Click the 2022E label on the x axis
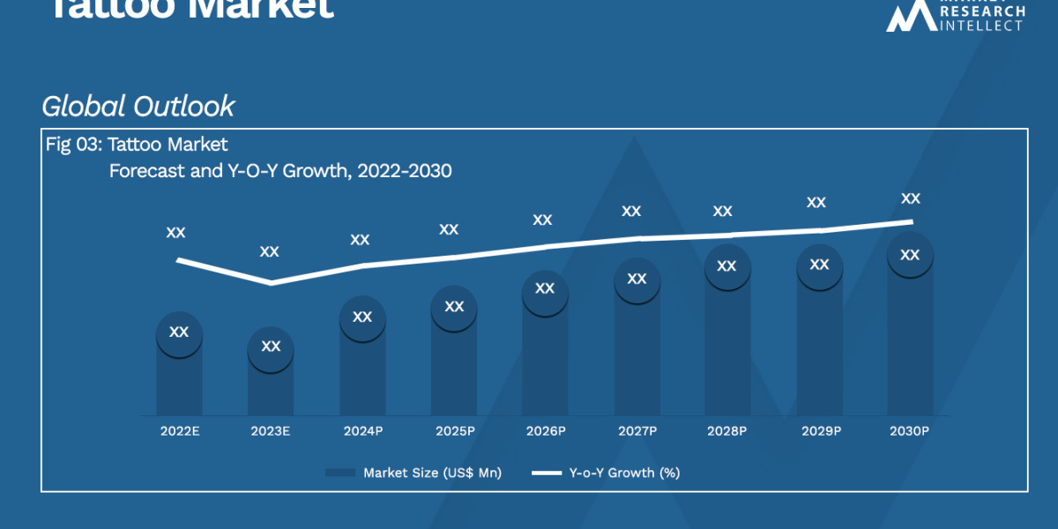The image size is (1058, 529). pyautogui.click(x=179, y=431)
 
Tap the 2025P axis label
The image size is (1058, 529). pyautogui.click(x=454, y=431)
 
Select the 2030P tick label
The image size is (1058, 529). pyautogui.click(x=909, y=431)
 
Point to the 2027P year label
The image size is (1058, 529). pyautogui.click(x=637, y=431)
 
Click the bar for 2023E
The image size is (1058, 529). pyautogui.click(x=271, y=388)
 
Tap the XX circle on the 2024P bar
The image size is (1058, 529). pyautogui.click(x=362, y=317)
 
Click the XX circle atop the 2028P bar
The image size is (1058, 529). pyautogui.click(x=727, y=266)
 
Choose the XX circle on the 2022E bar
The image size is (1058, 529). pyautogui.click(x=179, y=333)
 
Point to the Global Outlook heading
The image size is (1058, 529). pyautogui.click(x=138, y=107)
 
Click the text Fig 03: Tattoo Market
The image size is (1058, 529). pyautogui.click(x=137, y=145)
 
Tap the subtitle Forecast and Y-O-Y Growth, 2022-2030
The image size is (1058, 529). pyautogui.click(x=280, y=171)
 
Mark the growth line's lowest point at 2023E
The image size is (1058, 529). pyautogui.click(x=271, y=283)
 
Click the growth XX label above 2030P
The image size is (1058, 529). pyautogui.click(x=911, y=199)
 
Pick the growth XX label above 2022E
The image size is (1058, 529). pyautogui.click(x=176, y=233)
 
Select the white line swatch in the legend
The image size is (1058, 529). pyautogui.click(x=547, y=473)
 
